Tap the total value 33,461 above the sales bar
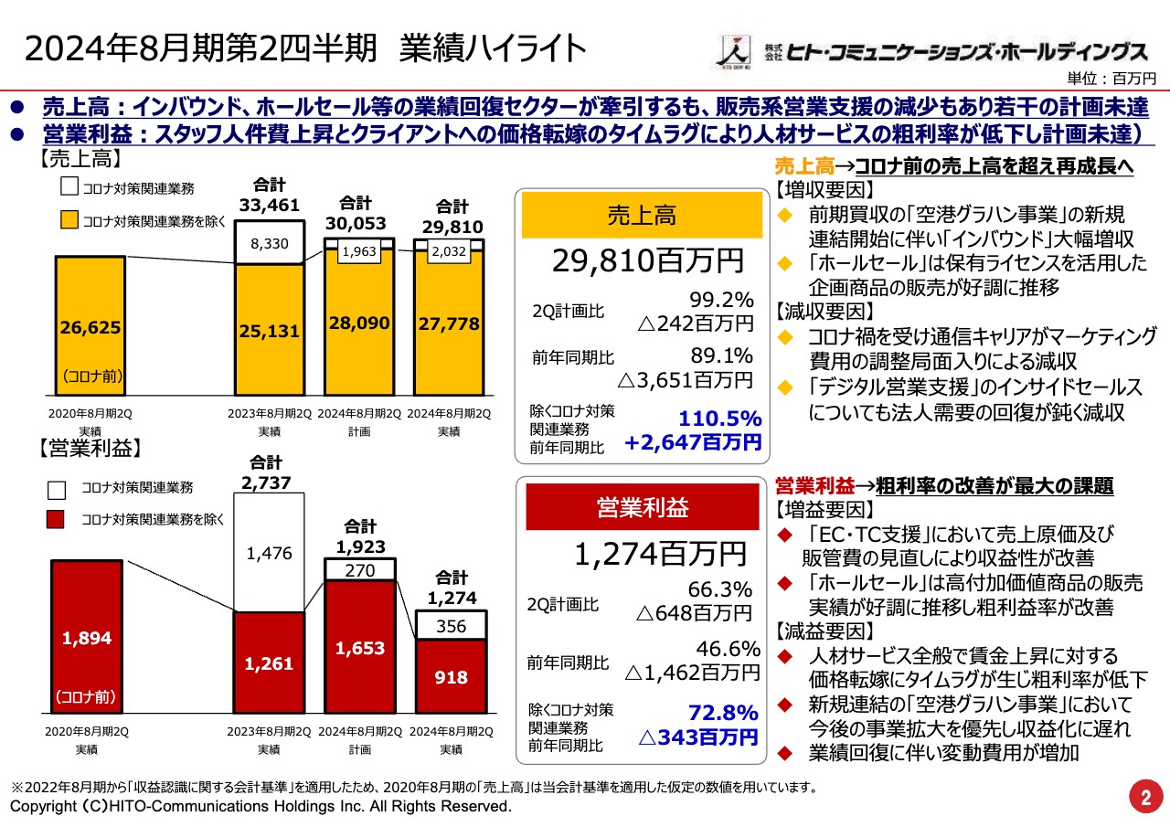[270, 206]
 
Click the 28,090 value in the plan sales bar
[360, 323]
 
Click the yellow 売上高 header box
[642, 216]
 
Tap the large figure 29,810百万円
[647, 262]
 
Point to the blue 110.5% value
[719, 419]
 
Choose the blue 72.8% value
[722, 712]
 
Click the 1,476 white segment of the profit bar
[270, 553]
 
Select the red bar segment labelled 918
[451, 677]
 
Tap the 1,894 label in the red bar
[87, 638]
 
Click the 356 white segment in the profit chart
[451, 626]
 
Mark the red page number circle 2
[1143, 795]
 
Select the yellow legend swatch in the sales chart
[69, 219]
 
